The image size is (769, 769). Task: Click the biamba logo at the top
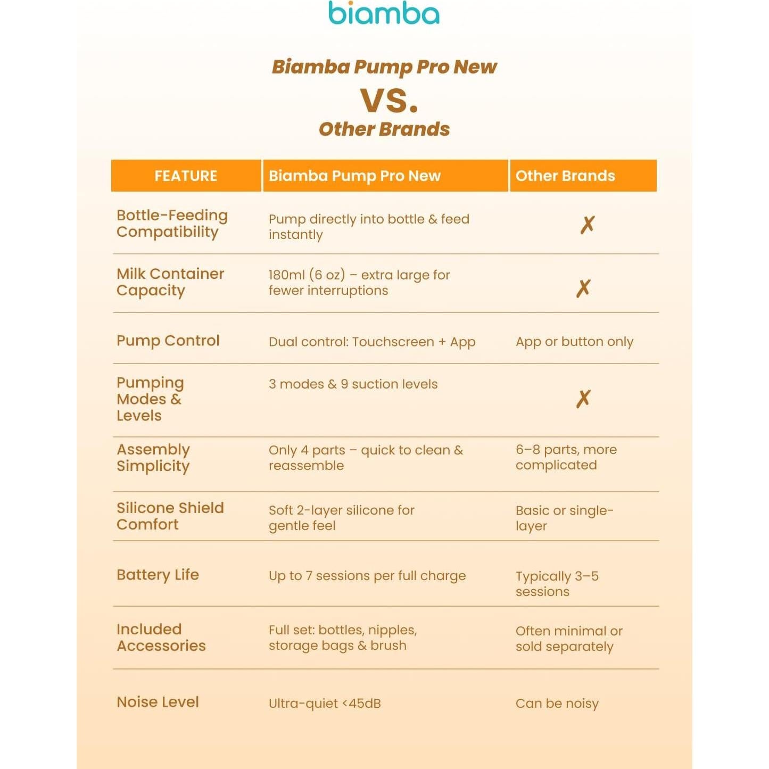click(x=384, y=14)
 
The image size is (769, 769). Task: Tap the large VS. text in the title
click(x=389, y=100)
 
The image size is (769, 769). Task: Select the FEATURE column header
click(x=186, y=176)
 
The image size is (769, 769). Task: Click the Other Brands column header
click(x=565, y=176)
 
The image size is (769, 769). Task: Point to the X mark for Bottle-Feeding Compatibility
click(x=588, y=225)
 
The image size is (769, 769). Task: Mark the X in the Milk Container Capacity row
click(x=583, y=288)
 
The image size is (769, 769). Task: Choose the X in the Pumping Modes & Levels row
click(x=583, y=399)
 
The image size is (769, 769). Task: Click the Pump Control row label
click(x=168, y=341)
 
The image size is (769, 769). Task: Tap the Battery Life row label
click(x=158, y=575)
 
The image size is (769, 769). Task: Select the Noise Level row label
click(x=158, y=702)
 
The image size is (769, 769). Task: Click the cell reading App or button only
click(x=574, y=342)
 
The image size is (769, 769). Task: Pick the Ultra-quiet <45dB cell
click(x=325, y=704)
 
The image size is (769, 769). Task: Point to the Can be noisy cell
click(x=557, y=704)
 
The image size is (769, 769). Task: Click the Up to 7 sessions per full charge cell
click(x=367, y=576)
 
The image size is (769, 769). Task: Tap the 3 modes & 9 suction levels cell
click(x=353, y=384)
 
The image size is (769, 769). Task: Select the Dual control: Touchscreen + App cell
click(x=372, y=342)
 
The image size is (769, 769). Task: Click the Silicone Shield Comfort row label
click(x=170, y=516)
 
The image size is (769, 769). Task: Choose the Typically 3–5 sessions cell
click(x=557, y=584)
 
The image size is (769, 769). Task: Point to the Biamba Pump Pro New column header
click(x=354, y=176)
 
